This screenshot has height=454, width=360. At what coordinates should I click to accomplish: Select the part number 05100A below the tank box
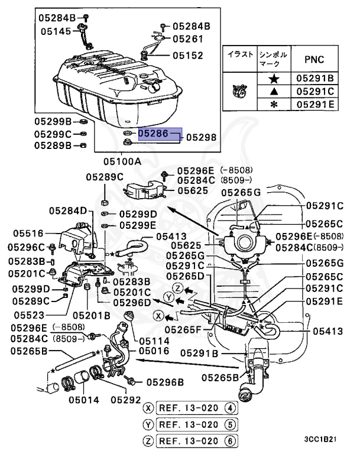[x=122, y=161]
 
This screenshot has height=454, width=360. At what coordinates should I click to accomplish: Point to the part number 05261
[x=188, y=39]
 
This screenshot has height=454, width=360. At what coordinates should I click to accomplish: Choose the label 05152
[x=188, y=56]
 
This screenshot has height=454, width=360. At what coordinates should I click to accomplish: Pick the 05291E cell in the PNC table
[x=314, y=104]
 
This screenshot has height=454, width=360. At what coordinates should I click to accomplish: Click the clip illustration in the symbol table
[x=239, y=91]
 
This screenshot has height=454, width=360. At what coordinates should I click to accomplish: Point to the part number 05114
[x=154, y=341]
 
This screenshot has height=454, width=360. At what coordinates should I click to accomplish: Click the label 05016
[x=154, y=351]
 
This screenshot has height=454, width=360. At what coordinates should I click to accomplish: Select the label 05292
[x=128, y=400]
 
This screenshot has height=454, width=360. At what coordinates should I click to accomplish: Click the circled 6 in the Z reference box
[x=230, y=440]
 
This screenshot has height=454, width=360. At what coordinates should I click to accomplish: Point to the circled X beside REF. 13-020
[x=148, y=408]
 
